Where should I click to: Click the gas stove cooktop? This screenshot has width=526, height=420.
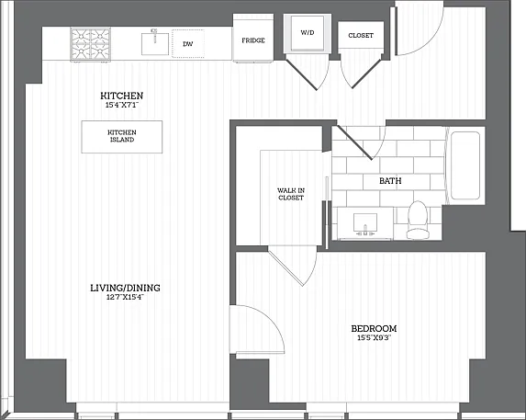[91, 44]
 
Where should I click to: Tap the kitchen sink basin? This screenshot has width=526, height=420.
[154, 43]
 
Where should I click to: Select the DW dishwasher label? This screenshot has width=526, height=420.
[188, 43]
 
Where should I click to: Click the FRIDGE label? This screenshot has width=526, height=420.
[253, 40]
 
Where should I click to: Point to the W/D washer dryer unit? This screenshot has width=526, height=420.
[308, 34]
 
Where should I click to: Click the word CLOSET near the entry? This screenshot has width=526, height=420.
[361, 35]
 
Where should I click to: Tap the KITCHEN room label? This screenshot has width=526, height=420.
[122, 96]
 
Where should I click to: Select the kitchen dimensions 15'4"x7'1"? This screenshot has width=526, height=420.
[122, 105]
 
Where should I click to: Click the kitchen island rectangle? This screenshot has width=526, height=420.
[122, 137]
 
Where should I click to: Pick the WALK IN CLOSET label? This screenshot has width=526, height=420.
[291, 194]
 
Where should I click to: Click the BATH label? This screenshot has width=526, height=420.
[390, 181]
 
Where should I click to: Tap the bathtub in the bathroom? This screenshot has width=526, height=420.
[465, 165]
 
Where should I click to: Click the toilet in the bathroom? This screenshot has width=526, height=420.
[418, 220]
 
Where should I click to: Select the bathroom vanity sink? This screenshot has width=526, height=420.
[365, 222]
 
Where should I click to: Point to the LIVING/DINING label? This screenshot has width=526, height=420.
[125, 288]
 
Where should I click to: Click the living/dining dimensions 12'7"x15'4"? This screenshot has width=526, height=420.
[125, 297]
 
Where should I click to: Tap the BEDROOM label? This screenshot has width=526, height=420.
[374, 328]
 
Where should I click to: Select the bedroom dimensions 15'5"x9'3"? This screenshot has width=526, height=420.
[374, 337]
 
